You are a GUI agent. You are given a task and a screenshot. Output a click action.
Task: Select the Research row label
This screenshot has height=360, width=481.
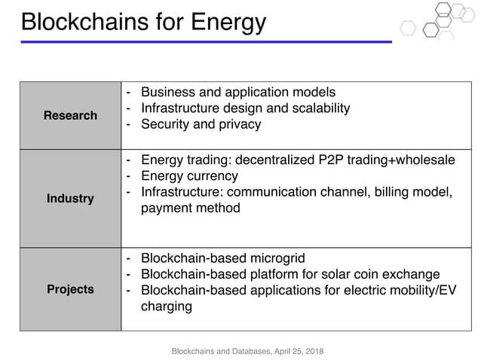[70, 115]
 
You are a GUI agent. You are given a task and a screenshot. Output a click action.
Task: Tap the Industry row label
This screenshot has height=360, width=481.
[70, 199]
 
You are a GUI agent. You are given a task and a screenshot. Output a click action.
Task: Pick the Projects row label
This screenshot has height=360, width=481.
[70, 289]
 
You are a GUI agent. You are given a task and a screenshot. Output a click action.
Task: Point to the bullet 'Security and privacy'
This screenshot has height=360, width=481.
[201, 124]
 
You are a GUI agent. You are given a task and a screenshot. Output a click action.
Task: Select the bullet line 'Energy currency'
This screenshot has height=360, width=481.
[189, 175]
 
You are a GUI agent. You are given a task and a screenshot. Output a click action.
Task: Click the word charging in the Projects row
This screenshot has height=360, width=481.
[167, 306]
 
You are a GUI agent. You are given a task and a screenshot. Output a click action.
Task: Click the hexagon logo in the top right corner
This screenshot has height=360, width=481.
[437, 21]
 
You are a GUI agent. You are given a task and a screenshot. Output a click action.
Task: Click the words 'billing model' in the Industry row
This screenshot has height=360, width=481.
[412, 192]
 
